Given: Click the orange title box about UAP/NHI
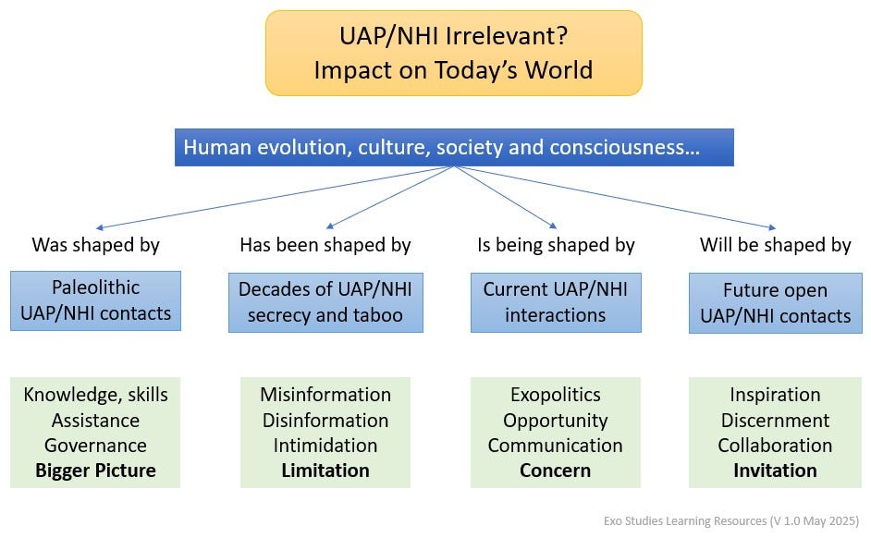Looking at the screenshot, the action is pos(453,53).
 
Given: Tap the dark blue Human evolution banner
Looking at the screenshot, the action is pos(454,147).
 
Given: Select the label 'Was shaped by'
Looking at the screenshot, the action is pos(95,245).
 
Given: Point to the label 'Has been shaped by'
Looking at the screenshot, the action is pos(325,245).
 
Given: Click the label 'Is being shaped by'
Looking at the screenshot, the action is pos(556,245).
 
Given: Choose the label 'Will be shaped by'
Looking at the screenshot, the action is pos(775,245).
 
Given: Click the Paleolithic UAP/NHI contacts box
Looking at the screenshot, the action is pos(95,300).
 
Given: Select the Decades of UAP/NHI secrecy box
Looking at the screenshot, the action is pos(325,302).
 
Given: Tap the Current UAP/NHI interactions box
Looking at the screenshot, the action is pos(556,302).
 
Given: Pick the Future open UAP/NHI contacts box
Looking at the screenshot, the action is pos(775,303).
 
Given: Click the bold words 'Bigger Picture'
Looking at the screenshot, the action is pos(95,471).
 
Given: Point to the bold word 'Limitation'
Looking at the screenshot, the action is pos(325,471).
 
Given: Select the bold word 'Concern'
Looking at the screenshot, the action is pos(556,471).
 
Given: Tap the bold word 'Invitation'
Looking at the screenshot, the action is pos(775,471).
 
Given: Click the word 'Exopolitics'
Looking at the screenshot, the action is pos(556,395).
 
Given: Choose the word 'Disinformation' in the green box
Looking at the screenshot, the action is pos(325,421).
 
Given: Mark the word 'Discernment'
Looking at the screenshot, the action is pos(775,421).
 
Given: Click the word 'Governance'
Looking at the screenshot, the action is pos(95,446).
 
